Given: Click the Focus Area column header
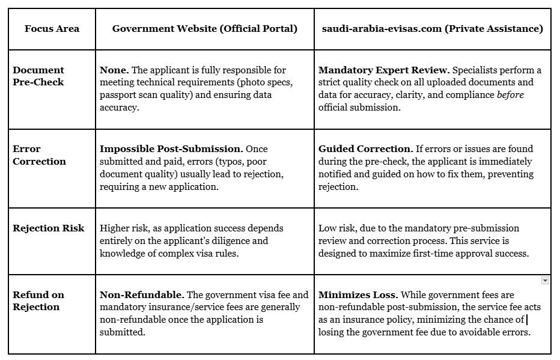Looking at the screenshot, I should [x=52, y=29].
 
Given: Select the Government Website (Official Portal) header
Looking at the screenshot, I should [x=204, y=29].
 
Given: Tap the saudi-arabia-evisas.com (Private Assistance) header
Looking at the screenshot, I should [x=432, y=29].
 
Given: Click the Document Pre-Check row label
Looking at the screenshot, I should [x=38, y=76].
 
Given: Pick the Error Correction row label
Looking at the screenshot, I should [x=40, y=155].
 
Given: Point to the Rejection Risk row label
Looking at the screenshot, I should [x=49, y=228].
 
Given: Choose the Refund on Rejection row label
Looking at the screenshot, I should [x=38, y=301].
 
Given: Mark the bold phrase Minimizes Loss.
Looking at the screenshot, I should [x=358, y=295].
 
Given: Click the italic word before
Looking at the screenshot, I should [x=510, y=95].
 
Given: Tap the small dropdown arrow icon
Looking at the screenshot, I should [x=545, y=281].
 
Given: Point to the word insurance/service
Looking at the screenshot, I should [x=175, y=307].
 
